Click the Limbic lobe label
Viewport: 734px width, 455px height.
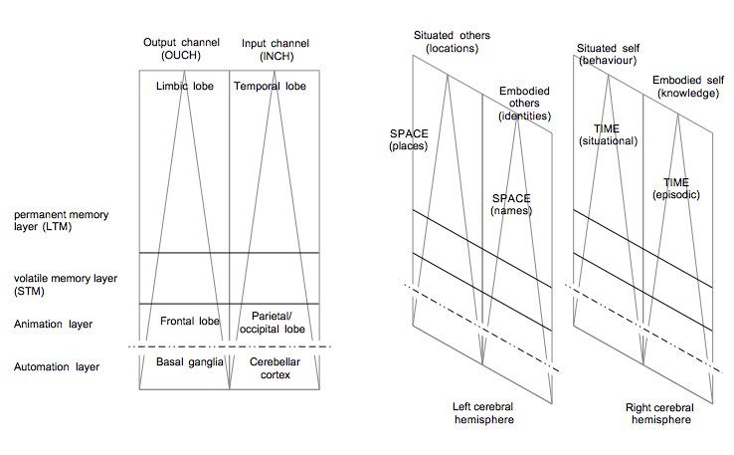[x=179, y=87]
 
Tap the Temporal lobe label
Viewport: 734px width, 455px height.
[x=270, y=87]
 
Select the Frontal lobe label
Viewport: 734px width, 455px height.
[x=190, y=321]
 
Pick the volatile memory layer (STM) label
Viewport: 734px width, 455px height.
[x=51, y=285]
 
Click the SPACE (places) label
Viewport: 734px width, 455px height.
[x=409, y=139]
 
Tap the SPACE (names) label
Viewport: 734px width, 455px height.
[x=511, y=205]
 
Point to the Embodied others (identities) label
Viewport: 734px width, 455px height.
[x=525, y=103]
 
